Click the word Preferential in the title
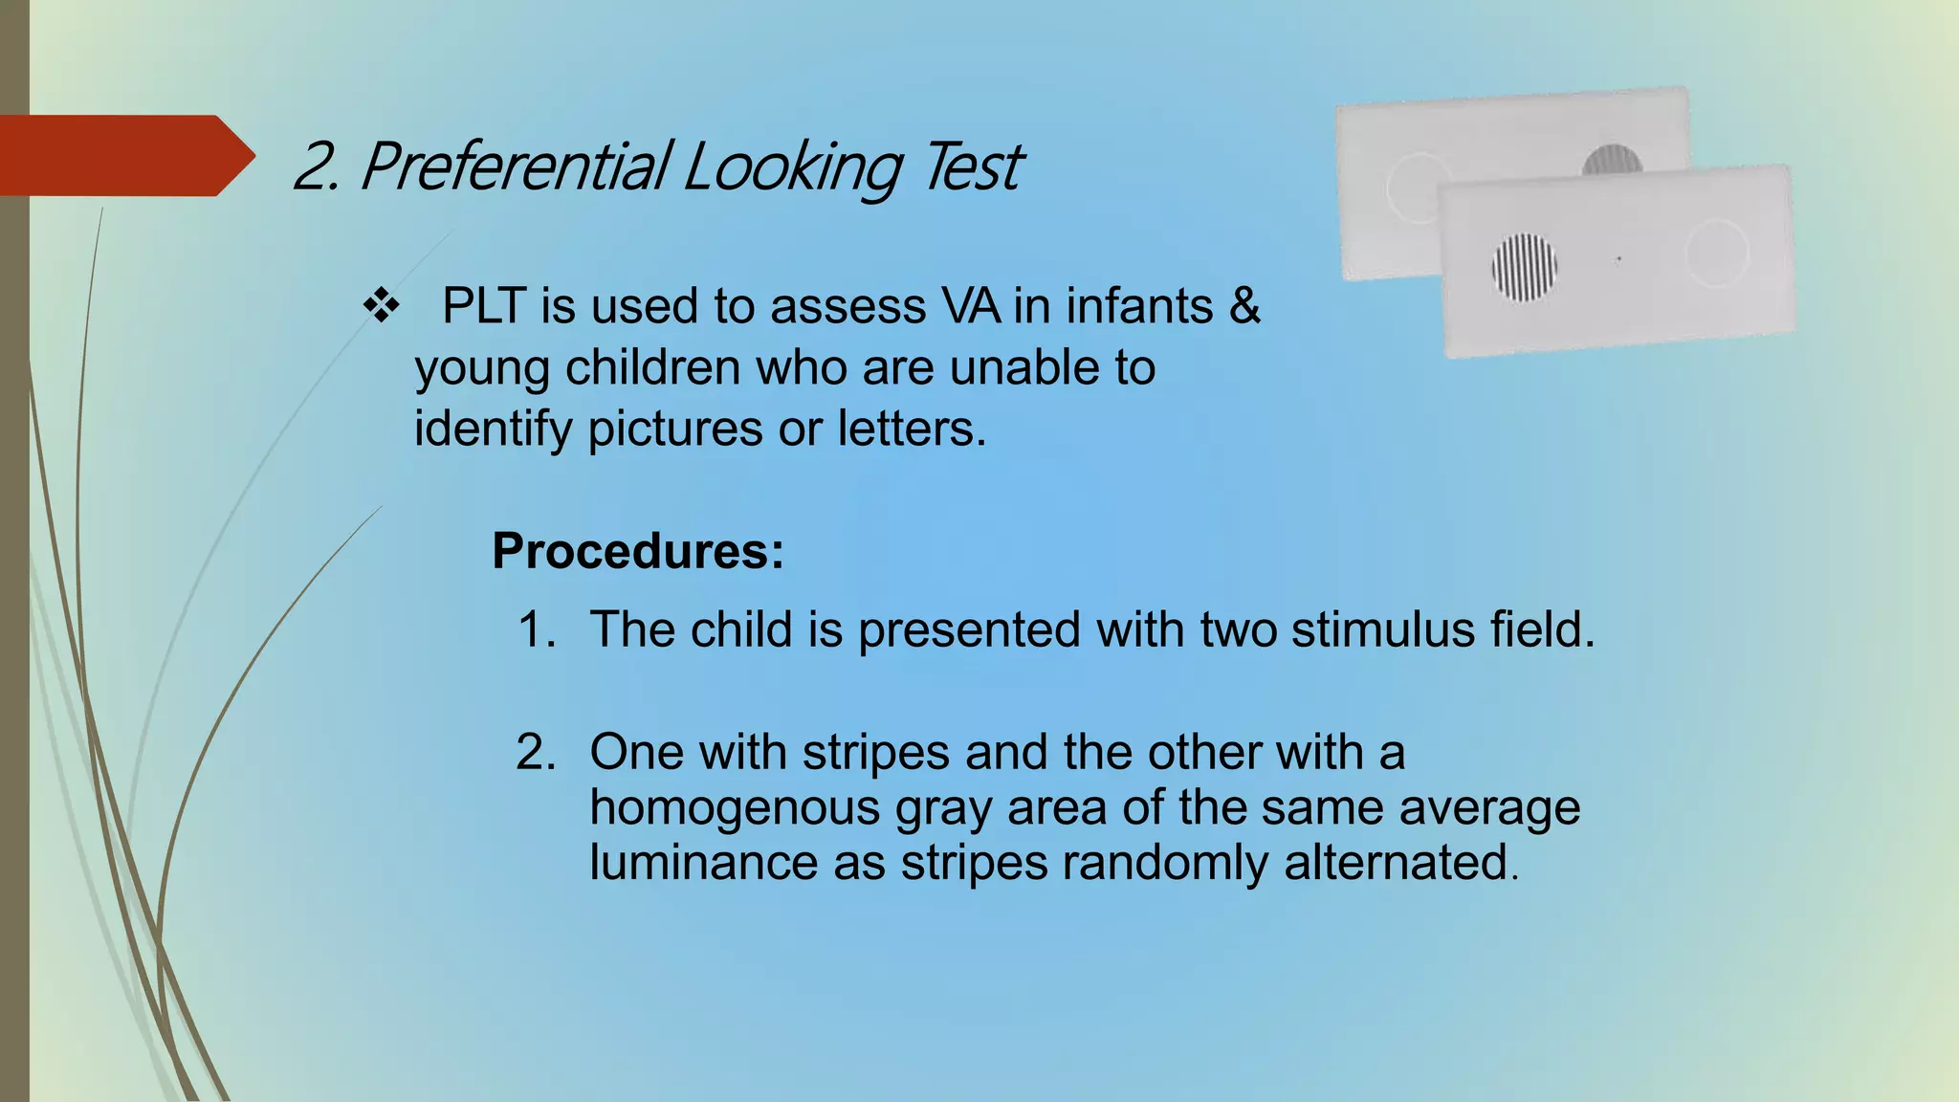pyautogui.click(x=517, y=166)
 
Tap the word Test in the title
pyautogui.click(x=974, y=166)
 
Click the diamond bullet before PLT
pyautogui.click(x=381, y=307)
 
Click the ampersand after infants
pyautogui.click(x=1244, y=306)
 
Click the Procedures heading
pyautogui.click(x=637, y=551)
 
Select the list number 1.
pyautogui.click(x=536, y=630)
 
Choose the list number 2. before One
pyautogui.click(x=536, y=752)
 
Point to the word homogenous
pyautogui.click(x=735, y=807)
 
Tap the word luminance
pyautogui.click(x=703, y=862)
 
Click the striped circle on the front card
pyautogui.click(x=1525, y=268)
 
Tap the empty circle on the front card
pyautogui.click(x=1717, y=253)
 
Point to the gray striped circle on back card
pyautogui.click(x=1613, y=160)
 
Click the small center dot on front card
pyautogui.click(x=1618, y=259)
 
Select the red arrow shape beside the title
pyautogui.click(x=124, y=156)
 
